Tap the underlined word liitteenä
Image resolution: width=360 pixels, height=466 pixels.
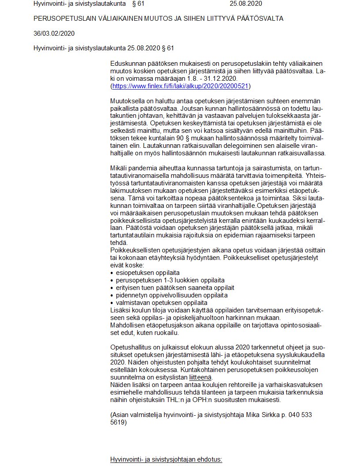[x=200, y=377]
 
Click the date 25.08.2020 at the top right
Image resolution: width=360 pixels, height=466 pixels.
[x=246, y=4]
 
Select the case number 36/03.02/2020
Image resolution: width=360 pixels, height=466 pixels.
[x=54, y=33]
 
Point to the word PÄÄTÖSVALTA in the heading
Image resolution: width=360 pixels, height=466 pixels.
[x=260, y=19]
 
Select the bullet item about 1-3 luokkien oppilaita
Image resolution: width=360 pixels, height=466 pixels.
[x=170, y=280]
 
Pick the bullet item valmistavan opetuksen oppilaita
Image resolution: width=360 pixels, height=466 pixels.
[x=161, y=303]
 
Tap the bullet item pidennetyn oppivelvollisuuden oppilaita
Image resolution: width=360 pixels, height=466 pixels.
[x=172, y=295]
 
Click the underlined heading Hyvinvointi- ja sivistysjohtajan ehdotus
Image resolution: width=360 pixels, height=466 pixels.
[x=166, y=459]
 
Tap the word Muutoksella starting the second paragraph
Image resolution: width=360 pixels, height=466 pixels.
[x=127, y=101]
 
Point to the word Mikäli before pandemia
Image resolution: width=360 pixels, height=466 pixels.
[x=119, y=168]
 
